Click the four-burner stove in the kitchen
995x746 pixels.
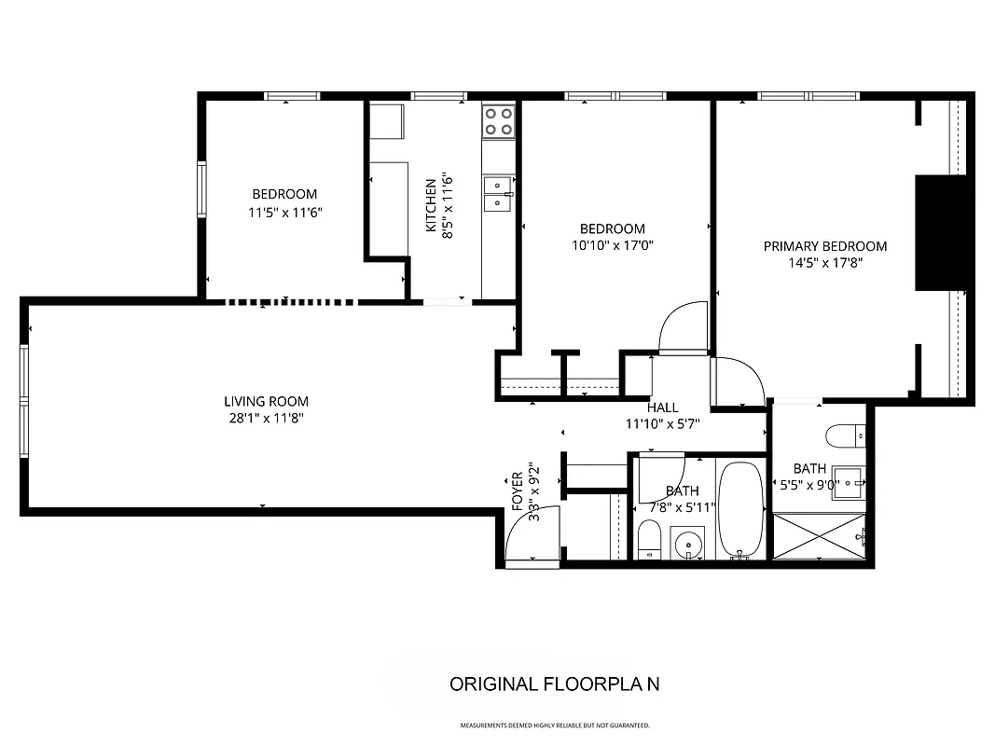point(499,120)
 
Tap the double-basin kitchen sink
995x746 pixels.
point(498,192)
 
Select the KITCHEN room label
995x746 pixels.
point(431,206)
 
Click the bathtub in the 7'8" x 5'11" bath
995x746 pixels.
point(741,509)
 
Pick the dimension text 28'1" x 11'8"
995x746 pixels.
point(266,419)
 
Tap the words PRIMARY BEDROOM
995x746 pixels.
point(825,246)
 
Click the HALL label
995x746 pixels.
point(662,408)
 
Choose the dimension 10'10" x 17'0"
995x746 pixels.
point(612,246)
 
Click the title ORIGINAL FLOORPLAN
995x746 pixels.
point(554,684)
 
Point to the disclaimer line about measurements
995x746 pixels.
point(554,725)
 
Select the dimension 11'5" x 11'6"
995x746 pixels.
point(284,212)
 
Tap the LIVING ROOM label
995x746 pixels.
point(266,402)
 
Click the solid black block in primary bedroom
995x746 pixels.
point(943,233)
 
